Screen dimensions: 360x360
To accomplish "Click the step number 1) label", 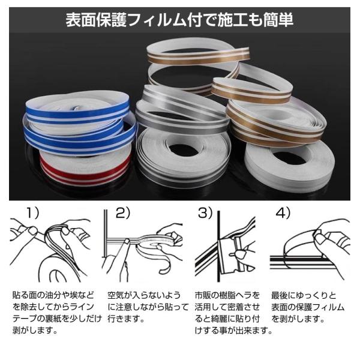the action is tap(33, 213).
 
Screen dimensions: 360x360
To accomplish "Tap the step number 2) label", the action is tap(123, 213).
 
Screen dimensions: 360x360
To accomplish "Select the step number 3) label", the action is tap(205, 213).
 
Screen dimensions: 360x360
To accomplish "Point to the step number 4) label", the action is tap(283, 213).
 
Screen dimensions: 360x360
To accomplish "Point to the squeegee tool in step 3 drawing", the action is tap(230, 255).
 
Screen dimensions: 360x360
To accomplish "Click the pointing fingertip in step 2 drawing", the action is tap(127, 241).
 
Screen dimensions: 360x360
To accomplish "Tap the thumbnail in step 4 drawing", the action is tap(320, 239).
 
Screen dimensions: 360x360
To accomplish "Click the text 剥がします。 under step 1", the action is tap(35, 331).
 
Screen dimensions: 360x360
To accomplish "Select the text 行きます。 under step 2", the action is tap(126, 319).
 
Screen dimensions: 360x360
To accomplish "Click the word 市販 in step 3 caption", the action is tap(203, 295).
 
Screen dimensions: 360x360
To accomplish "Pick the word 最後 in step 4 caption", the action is tap(279, 295).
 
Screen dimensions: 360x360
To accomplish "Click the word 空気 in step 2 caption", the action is tap(115, 295).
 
